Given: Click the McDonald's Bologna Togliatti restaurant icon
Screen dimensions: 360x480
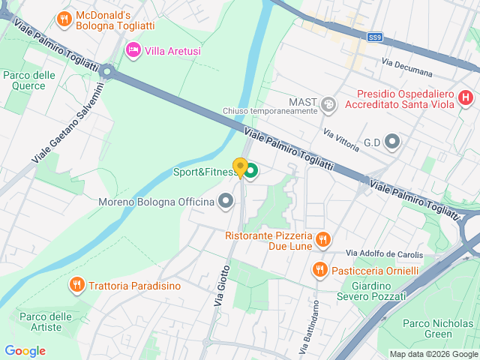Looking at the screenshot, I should (x=64, y=18).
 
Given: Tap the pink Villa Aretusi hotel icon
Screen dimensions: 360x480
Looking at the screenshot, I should (x=133, y=50).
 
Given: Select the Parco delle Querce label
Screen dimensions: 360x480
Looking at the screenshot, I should (x=29, y=80).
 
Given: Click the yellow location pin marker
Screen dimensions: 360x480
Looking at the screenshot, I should (x=240, y=167).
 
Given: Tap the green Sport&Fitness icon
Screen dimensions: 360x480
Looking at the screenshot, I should (x=250, y=172).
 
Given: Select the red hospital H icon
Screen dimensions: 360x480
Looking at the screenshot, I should (x=465, y=97).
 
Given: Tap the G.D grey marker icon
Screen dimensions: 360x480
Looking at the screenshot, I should (x=392, y=141).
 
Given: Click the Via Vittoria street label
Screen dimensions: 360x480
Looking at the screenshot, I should (x=340, y=139).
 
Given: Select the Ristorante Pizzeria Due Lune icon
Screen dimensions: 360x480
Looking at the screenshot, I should (x=323, y=239).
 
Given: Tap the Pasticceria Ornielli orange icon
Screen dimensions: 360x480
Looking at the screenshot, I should (x=319, y=269).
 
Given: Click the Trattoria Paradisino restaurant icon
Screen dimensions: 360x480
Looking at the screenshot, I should (x=76, y=285).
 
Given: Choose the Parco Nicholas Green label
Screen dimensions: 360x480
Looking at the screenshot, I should (x=427, y=328).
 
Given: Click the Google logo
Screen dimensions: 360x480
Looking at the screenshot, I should (x=25, y=351).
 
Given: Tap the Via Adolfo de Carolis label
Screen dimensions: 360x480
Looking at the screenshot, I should (x=384, y=253).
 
